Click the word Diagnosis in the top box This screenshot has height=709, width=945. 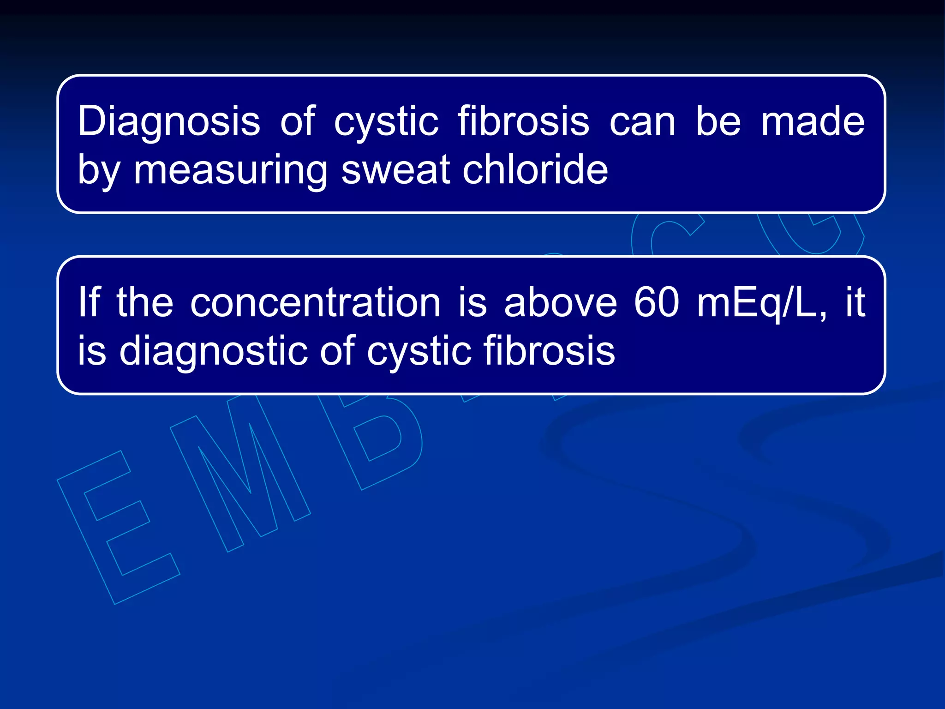coord(169,121)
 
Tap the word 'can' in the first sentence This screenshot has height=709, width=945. coord(642,122)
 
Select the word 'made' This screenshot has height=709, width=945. coord(813,121)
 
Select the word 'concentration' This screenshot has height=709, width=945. coord(315,303)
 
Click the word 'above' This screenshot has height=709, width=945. coord(560,303)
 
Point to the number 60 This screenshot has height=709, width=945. coord(656,303)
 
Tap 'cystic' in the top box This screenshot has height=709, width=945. coord(386,122)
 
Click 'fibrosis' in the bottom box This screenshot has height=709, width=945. coord(549,351)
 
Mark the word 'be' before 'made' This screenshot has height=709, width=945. coord(718,121)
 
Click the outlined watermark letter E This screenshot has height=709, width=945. coord(118,526)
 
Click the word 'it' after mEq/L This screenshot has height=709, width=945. coord(855,303)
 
